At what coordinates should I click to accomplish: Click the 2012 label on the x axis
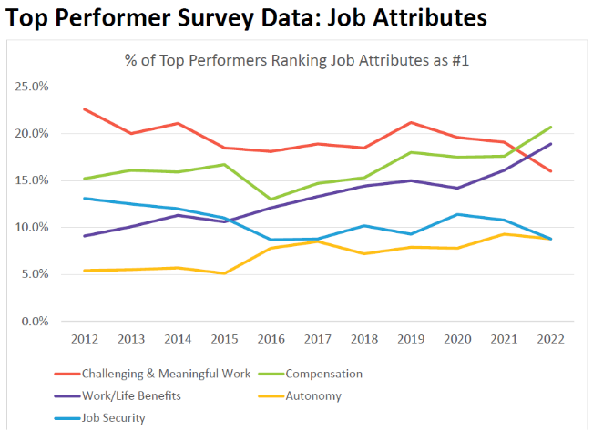pos(85,339)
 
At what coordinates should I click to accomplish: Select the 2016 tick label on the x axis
pos(271,339)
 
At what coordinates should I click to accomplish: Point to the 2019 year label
pos(412,339)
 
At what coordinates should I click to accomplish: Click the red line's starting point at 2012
pos(85,109)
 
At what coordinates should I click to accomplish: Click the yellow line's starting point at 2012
pos(85,270)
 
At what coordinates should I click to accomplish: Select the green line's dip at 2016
pos(271,199)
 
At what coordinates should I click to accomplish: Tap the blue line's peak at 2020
pos(458,214)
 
